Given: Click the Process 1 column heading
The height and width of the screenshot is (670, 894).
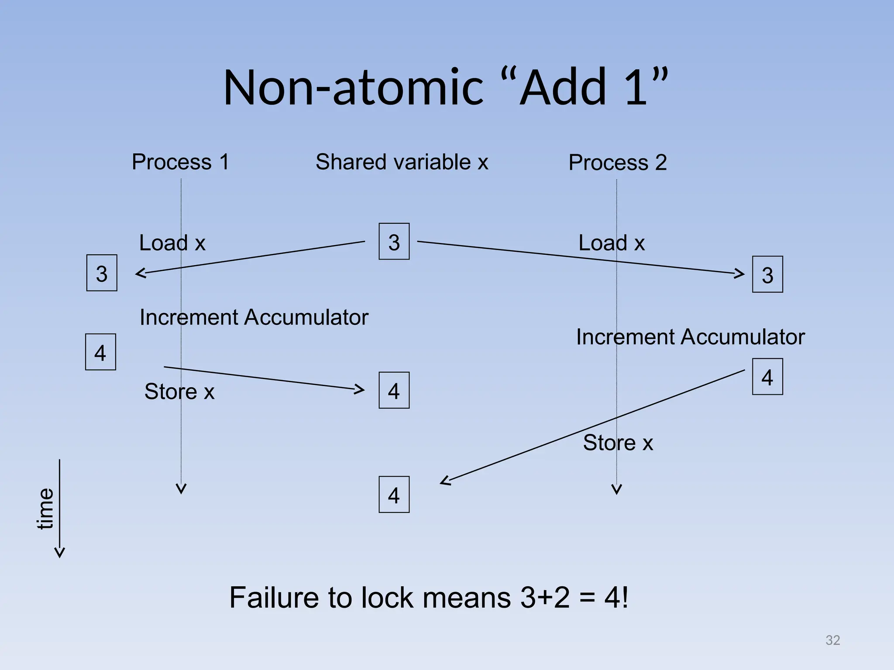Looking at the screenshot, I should click(x=180, y=162).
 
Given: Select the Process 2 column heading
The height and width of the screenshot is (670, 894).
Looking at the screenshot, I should click(x=617, y=163).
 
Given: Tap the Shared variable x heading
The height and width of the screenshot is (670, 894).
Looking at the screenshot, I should click(x=402, y=162).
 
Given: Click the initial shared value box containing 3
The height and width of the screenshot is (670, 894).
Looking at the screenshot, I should click(x=394, y=242).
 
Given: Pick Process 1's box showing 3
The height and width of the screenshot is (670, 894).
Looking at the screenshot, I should click(x=102, y=273).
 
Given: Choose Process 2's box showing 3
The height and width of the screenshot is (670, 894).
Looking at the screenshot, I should click(x=767, y=274).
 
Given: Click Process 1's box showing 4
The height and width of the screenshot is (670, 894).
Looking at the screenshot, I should click(x=100, y=352).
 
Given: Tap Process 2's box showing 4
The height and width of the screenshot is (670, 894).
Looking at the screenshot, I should click(x=767, y=377).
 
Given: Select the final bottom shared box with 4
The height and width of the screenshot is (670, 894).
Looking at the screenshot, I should click(x=394, y=495).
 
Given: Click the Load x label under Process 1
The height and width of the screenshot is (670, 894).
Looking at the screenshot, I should click(x=172, y=243).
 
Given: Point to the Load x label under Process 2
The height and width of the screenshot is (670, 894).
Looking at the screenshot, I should click(x=611, y=243).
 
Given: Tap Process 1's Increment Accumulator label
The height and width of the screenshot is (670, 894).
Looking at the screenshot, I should click(x=254, y=317).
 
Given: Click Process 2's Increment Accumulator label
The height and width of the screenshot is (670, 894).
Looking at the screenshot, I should click(x=690, y=337).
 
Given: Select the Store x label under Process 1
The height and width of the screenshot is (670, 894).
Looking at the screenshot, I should click(x=179, y=392).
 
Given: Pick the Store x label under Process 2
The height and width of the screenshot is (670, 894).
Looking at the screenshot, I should click(x=618, y=443).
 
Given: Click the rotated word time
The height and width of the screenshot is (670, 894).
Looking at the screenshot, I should click(x=45, y=509).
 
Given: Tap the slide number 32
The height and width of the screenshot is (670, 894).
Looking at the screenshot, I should click(x=832, y=640).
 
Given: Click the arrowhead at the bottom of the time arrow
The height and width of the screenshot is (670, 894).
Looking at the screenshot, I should click(x=60, y=553).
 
